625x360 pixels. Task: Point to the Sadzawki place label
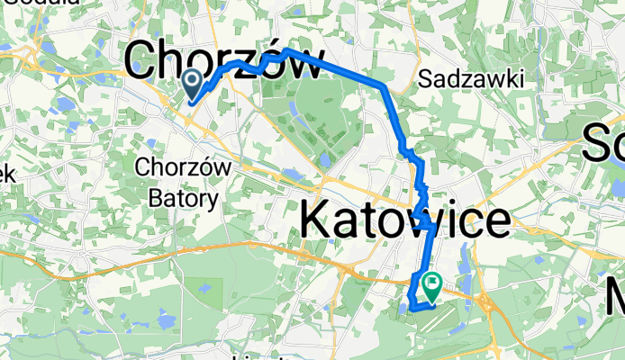pyautogui.click(x=471, y=80)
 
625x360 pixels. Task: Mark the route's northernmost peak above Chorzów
pyautogui.click(x=286, y=50)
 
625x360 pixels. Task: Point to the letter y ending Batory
pyautogui.click(x=214, y=200)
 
